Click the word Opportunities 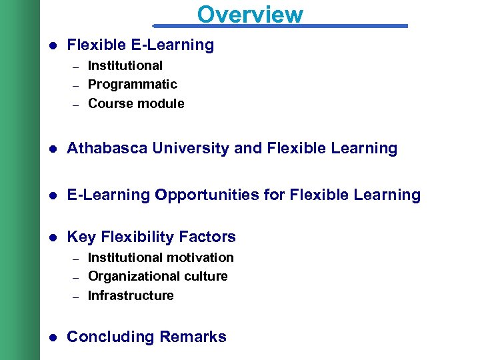pyautogui.click(x=203, y=195)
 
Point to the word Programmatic pyautogui.click(x=133, y=84)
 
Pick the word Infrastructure pyautogui.click(x=131, y=295)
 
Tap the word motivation pyautogui.click(x=200, y=257)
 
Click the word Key pyautogui.click(x=80, y=237)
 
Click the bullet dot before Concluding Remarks pyautogui.click(x=53, y=337)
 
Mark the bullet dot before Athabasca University pyautogui.click(x=53, y=149)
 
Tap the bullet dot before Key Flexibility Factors pyautogui.click(x=53, y=237)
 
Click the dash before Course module pyautogui.click(x=76, y=105)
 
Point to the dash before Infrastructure pyautogui.click(x=76, y=297)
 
